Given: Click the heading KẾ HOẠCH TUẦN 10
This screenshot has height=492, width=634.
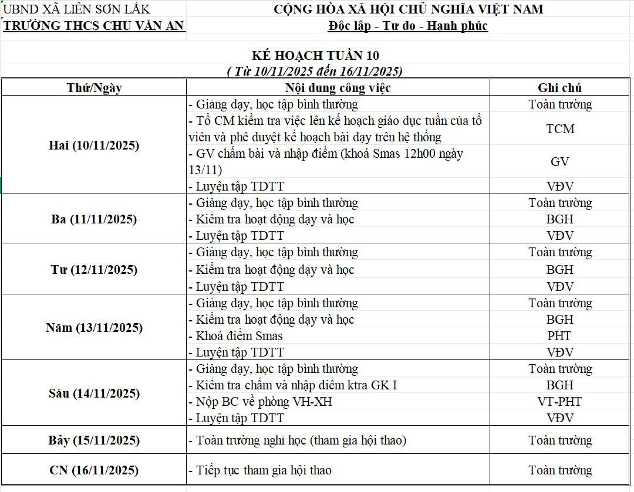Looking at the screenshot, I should tap(315, 56).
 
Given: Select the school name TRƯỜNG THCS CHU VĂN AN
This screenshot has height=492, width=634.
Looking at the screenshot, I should tap(94, 26).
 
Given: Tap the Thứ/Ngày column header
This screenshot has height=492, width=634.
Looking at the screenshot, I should tap(94, 88).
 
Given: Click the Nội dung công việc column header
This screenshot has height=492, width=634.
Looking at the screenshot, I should tap(338, 88).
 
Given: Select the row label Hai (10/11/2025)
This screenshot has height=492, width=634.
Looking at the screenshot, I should tap(94, 145).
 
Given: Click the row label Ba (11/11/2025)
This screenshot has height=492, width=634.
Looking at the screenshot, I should tap(94, 219).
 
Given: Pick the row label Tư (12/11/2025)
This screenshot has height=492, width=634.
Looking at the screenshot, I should tap(94, 270).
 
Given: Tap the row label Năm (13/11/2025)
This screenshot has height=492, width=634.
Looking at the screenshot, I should tap(94, 328).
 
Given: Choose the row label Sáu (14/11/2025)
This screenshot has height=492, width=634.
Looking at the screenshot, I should tap(94, 393).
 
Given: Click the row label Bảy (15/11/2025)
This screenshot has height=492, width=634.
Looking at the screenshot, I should tap(94, 440).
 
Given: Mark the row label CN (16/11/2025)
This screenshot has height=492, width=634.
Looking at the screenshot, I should tap(94, 470).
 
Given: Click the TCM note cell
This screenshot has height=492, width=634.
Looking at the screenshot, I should tap(559, 129).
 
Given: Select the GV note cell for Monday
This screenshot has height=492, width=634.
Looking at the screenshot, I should tap(559, 162).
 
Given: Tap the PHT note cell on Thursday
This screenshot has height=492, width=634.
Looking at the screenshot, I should tap(559, 336).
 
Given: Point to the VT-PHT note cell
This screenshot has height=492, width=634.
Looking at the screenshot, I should tap(559, 402).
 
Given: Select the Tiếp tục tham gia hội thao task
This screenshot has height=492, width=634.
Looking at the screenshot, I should tap(264, 470).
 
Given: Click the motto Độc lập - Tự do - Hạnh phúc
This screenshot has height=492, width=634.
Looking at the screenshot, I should tap(408, 26).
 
